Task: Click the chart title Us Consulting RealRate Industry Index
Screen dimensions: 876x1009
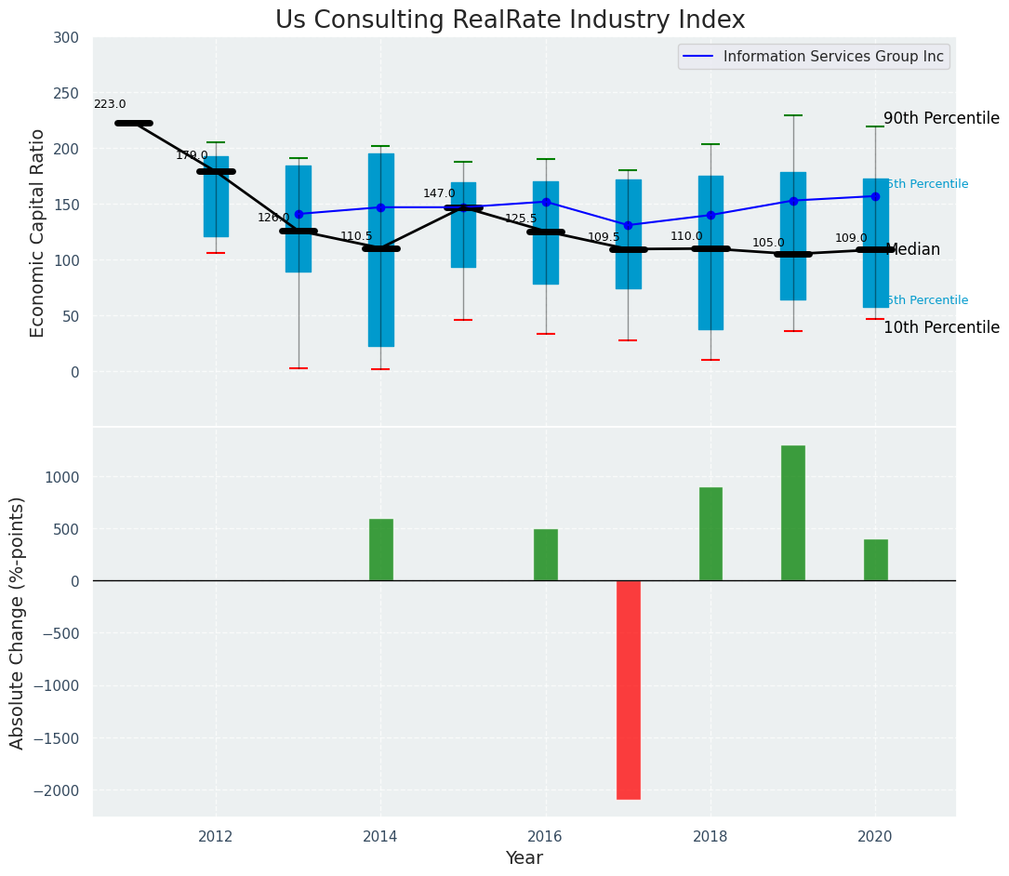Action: (510, 20)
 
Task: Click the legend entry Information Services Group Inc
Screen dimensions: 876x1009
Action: (832, 57)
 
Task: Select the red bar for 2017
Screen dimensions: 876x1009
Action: (629, 689)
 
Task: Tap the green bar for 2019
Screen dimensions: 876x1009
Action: (793, 513)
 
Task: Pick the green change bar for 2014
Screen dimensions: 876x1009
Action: (381, 550)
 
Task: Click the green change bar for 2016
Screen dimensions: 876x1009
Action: (546, 555)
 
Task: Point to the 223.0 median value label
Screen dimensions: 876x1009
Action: (110, 105)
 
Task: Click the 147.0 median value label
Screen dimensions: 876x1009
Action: (439, 194)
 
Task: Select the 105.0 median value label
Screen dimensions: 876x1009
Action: (768, 244)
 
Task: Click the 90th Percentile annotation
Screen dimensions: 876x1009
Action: (941, 119)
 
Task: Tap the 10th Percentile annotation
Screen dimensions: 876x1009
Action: (941, 328)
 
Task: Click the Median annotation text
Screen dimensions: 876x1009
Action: (913, 250)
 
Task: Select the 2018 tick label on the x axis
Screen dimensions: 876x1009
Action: (710, 837)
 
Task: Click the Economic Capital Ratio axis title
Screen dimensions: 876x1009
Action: (38, 232)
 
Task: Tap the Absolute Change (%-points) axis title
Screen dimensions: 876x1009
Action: (18, 622)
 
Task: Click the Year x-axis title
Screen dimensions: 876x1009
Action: (524, 858)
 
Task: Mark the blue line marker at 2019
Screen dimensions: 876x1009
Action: (793, 201)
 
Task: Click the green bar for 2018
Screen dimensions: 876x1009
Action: (710, 535)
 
